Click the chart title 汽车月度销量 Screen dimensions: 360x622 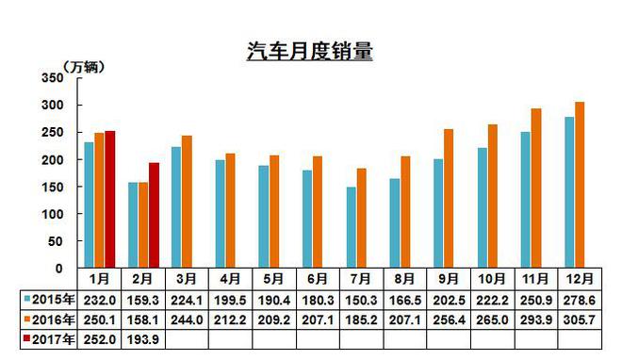coord(310,52)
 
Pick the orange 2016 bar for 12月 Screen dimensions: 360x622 coord(580,185)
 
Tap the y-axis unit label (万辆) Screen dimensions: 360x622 coord(84,65)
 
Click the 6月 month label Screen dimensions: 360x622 coord(319,279)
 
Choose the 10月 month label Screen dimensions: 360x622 coord(492,279)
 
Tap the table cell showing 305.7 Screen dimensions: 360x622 coord(580,319)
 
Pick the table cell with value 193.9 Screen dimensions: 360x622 coord(144,338)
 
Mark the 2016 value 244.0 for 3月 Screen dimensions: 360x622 coord(188,319)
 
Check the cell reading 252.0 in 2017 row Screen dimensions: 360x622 coord(100,338)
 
